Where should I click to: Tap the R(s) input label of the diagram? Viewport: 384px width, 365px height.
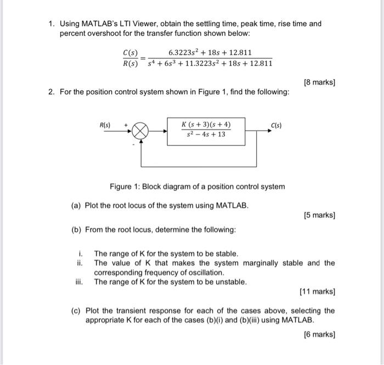104,125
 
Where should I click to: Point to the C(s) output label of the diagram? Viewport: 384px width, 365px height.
276,125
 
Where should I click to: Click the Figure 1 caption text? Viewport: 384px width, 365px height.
197,186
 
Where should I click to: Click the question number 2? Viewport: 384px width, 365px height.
50,92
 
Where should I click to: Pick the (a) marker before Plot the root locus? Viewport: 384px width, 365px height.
76,206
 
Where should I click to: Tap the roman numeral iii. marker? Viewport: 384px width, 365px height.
81,282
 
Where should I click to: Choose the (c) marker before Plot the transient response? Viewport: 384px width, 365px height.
76,311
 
